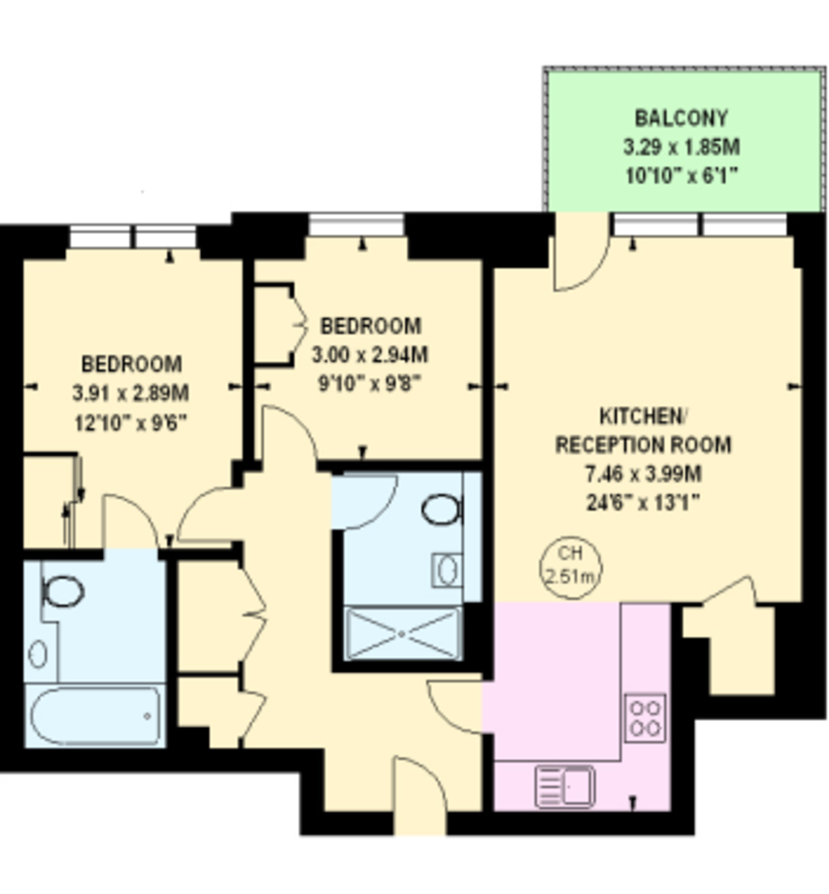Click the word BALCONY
click(x=681, y=118)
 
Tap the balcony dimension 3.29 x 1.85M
click(x=681, y=147)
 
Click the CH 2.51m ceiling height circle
click(x=571, y=567)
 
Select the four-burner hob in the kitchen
click(x=645, y=718)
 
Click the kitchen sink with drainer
click(x=565, y=786)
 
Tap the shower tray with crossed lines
click(x=402, y=634)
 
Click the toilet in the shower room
click(x=442, y=509)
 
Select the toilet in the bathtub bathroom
click(x=63, y=592)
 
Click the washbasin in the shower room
click(x=447, y=571)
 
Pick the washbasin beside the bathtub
click(x=38, y=653)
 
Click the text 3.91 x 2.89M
click(x=130, y=393)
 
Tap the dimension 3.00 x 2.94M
click(x=370, y=355)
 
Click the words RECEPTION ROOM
click(x=643, y=445)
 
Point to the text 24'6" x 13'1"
click(x=643, y=502)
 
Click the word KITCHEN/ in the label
click(x=643, y=416)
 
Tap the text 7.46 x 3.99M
click(x=643, y=474)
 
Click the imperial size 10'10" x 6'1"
click(x=681, y=175)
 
